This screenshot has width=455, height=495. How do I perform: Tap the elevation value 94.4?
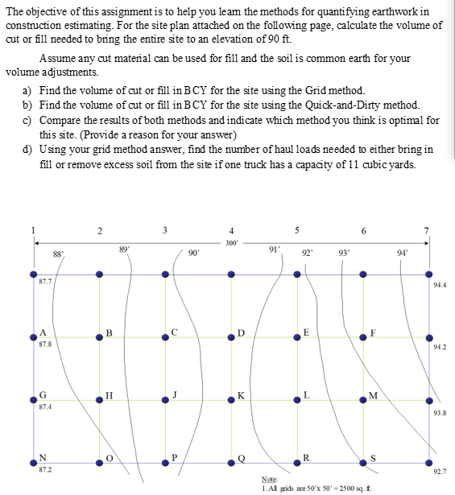coord(440,285)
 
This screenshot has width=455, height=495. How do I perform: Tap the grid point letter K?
coord(240,396)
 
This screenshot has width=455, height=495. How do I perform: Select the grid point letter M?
coord(372,394)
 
